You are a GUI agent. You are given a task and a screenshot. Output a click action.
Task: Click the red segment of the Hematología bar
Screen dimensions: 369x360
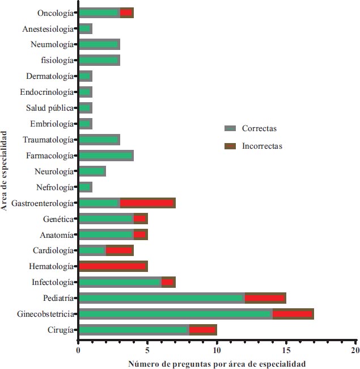click(113, 266)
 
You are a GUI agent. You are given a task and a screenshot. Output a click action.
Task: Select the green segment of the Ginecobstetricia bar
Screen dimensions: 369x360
click(176, 313)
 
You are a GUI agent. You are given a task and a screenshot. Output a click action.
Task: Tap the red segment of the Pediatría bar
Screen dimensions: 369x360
click(265, 297)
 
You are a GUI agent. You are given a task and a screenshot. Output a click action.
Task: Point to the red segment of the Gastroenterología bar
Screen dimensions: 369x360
click(147, 203)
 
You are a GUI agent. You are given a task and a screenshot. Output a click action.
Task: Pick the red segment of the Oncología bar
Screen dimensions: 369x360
click(126, 12)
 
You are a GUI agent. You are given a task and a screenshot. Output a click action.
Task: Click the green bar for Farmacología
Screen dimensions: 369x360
click(106, 156)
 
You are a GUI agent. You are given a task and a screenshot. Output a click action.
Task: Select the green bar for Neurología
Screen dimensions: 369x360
click(92, 171)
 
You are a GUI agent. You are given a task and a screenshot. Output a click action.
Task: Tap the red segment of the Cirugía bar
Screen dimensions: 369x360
click(203, 329)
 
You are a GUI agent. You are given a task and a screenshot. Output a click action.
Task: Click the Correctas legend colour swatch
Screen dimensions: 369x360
click(230, 129)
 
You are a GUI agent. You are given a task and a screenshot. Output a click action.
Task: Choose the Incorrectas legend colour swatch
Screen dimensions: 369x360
click(230, 146)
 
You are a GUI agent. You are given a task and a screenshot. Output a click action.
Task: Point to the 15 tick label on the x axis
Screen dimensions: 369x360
click(286, 350)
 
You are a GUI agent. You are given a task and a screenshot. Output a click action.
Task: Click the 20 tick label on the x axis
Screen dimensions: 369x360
click(355, 350)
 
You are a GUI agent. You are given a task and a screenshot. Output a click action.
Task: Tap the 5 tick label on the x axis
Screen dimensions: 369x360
click(147, 350)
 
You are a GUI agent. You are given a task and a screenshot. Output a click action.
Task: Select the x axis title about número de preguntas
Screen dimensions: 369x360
click(217, 363)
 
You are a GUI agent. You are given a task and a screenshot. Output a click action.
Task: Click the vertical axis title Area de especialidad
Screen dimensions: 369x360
click(5, 171)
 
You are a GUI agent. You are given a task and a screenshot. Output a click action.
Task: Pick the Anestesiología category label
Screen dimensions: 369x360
click(48, 28)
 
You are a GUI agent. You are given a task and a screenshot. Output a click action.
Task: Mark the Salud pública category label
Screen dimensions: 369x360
click(50, 108)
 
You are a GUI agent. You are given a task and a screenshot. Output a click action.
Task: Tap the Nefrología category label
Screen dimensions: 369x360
click(54, 187)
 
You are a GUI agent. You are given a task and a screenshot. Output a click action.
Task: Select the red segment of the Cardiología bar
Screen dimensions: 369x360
click(120, 250)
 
